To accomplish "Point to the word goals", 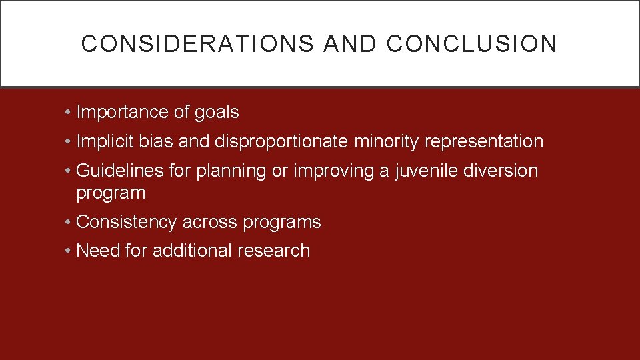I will [x=217, y=113].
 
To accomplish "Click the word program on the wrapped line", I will [x=111, y=194].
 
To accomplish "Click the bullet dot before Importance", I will [x=69, y=113].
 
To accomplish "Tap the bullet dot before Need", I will [x=69, y=251].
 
